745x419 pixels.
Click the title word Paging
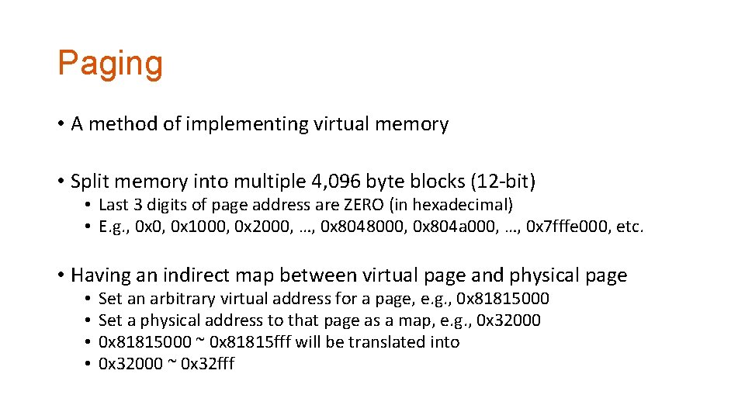pos(110,64)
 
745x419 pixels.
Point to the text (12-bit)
pos(503,182)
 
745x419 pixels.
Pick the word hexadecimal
pos(469,205)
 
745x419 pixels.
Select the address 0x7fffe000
pos(567,227)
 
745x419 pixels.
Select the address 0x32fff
pos(207,364)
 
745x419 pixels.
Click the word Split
pos(88,182)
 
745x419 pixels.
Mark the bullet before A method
pos(60,124)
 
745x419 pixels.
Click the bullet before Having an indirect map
pos(60,275)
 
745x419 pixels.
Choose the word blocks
pos(436,182)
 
